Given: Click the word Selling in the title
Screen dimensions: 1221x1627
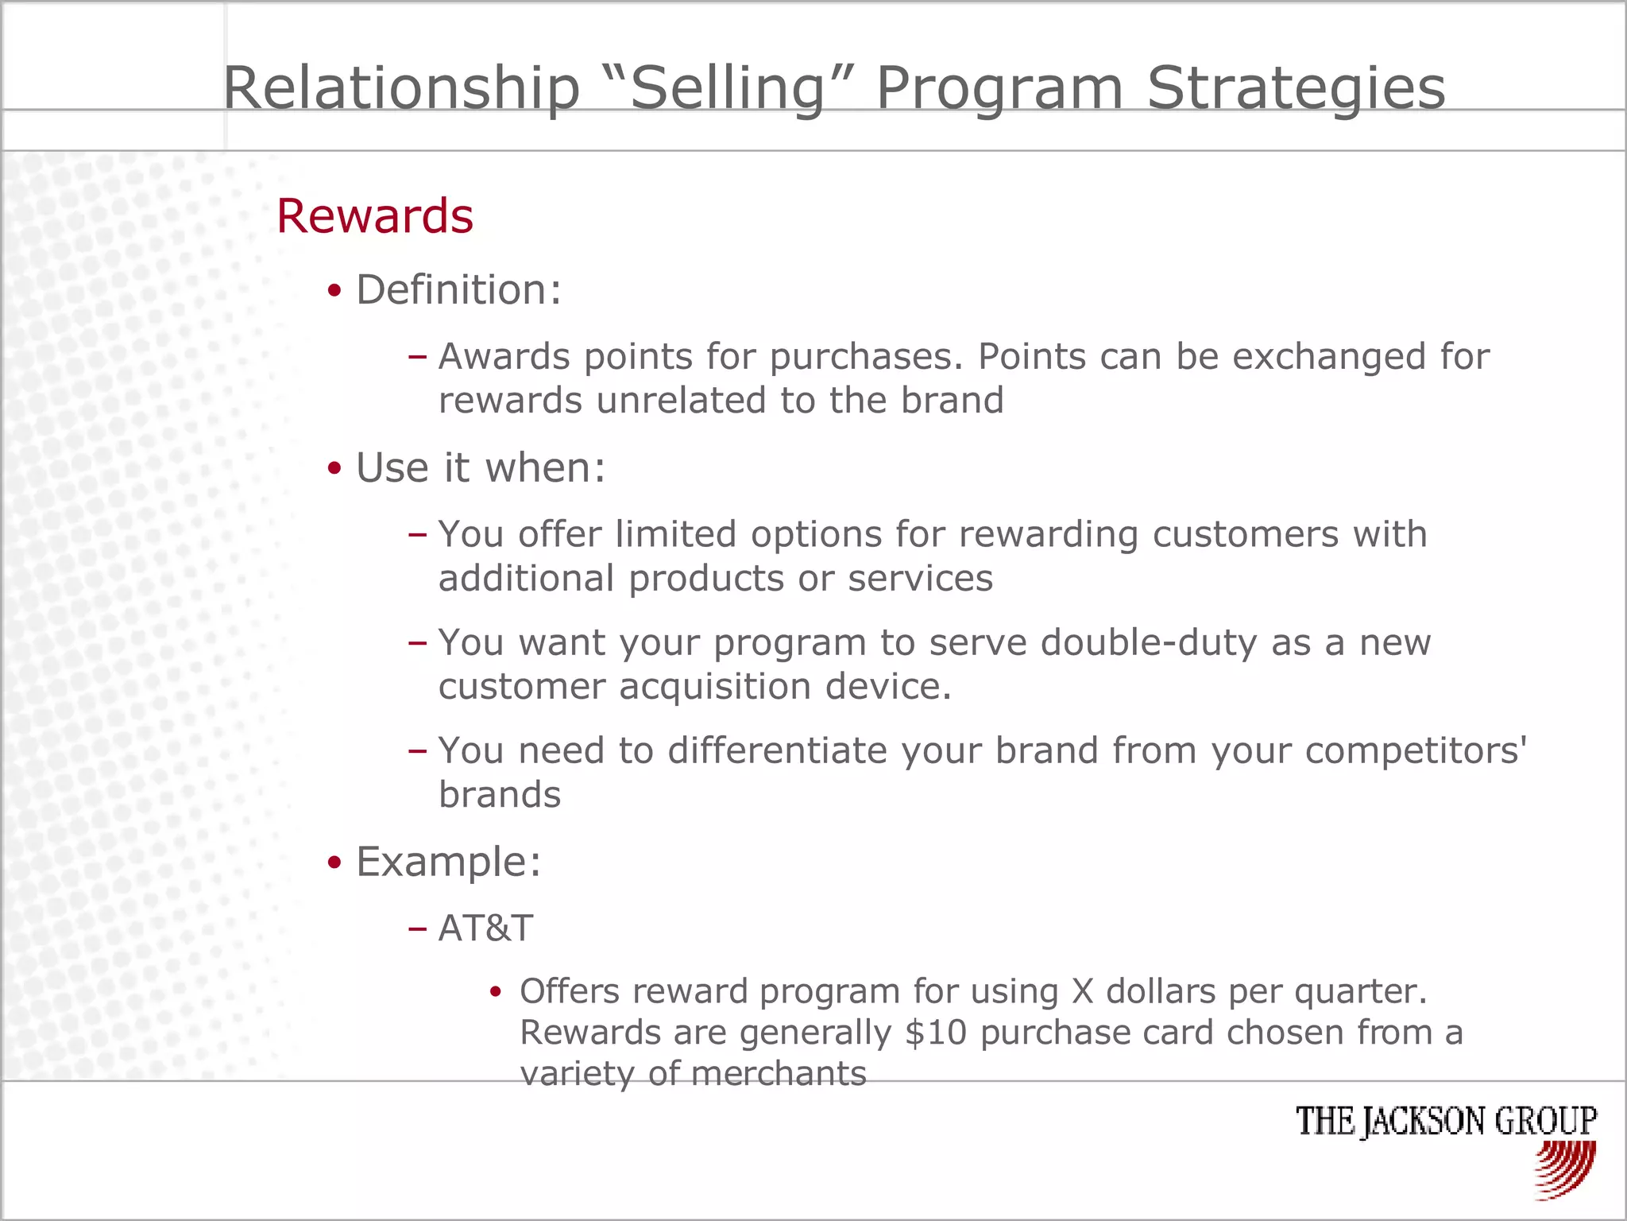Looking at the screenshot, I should tap(728, 87).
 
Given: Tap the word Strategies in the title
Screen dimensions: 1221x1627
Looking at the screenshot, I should tap(1296, 87).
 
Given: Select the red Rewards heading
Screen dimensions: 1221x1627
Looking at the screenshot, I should tap(374, 216).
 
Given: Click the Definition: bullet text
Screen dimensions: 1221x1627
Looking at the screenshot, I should tap(458, 289).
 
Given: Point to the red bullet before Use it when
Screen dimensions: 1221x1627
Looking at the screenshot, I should tap(334, 468).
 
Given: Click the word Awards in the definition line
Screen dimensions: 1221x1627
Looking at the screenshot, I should tap(504, 356).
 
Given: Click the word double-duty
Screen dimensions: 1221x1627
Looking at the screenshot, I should tap(1148, 642).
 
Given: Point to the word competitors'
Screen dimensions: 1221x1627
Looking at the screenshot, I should tap(1415, 750).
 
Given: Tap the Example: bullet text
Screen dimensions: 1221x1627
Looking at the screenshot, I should tap(448, 862).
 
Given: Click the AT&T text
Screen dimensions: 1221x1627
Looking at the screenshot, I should tap(485, 928).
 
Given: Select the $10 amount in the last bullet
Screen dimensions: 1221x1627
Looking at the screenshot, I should tap(935, 1033).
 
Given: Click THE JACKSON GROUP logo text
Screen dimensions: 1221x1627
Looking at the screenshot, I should tap(1445, 1121).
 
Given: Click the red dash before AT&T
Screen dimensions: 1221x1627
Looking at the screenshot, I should tap(417, 928).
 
